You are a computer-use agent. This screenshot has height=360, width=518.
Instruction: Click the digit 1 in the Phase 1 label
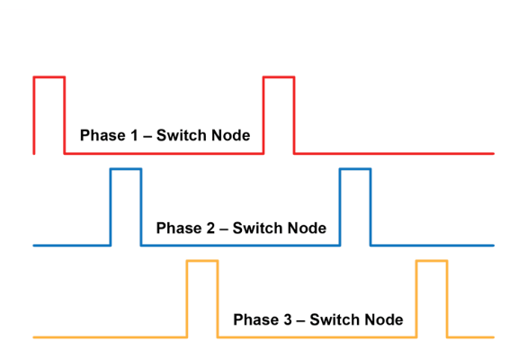133,136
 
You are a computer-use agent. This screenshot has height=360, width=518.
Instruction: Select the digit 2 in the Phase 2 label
210,229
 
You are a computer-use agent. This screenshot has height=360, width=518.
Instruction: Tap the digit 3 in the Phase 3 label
286,320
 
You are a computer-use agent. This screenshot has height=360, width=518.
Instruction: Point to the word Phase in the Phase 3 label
255,320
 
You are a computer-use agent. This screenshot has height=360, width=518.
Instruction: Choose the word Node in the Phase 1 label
229,136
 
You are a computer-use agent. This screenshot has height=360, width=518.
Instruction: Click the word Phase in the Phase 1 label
102,136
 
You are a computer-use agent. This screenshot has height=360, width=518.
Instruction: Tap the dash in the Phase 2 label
223,229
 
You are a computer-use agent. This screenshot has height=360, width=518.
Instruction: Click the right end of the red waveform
493,153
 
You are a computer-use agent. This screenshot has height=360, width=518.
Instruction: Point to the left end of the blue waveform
34,245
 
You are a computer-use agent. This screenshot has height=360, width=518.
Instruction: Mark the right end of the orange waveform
493,337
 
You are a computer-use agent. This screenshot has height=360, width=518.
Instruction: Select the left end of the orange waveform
34,337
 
